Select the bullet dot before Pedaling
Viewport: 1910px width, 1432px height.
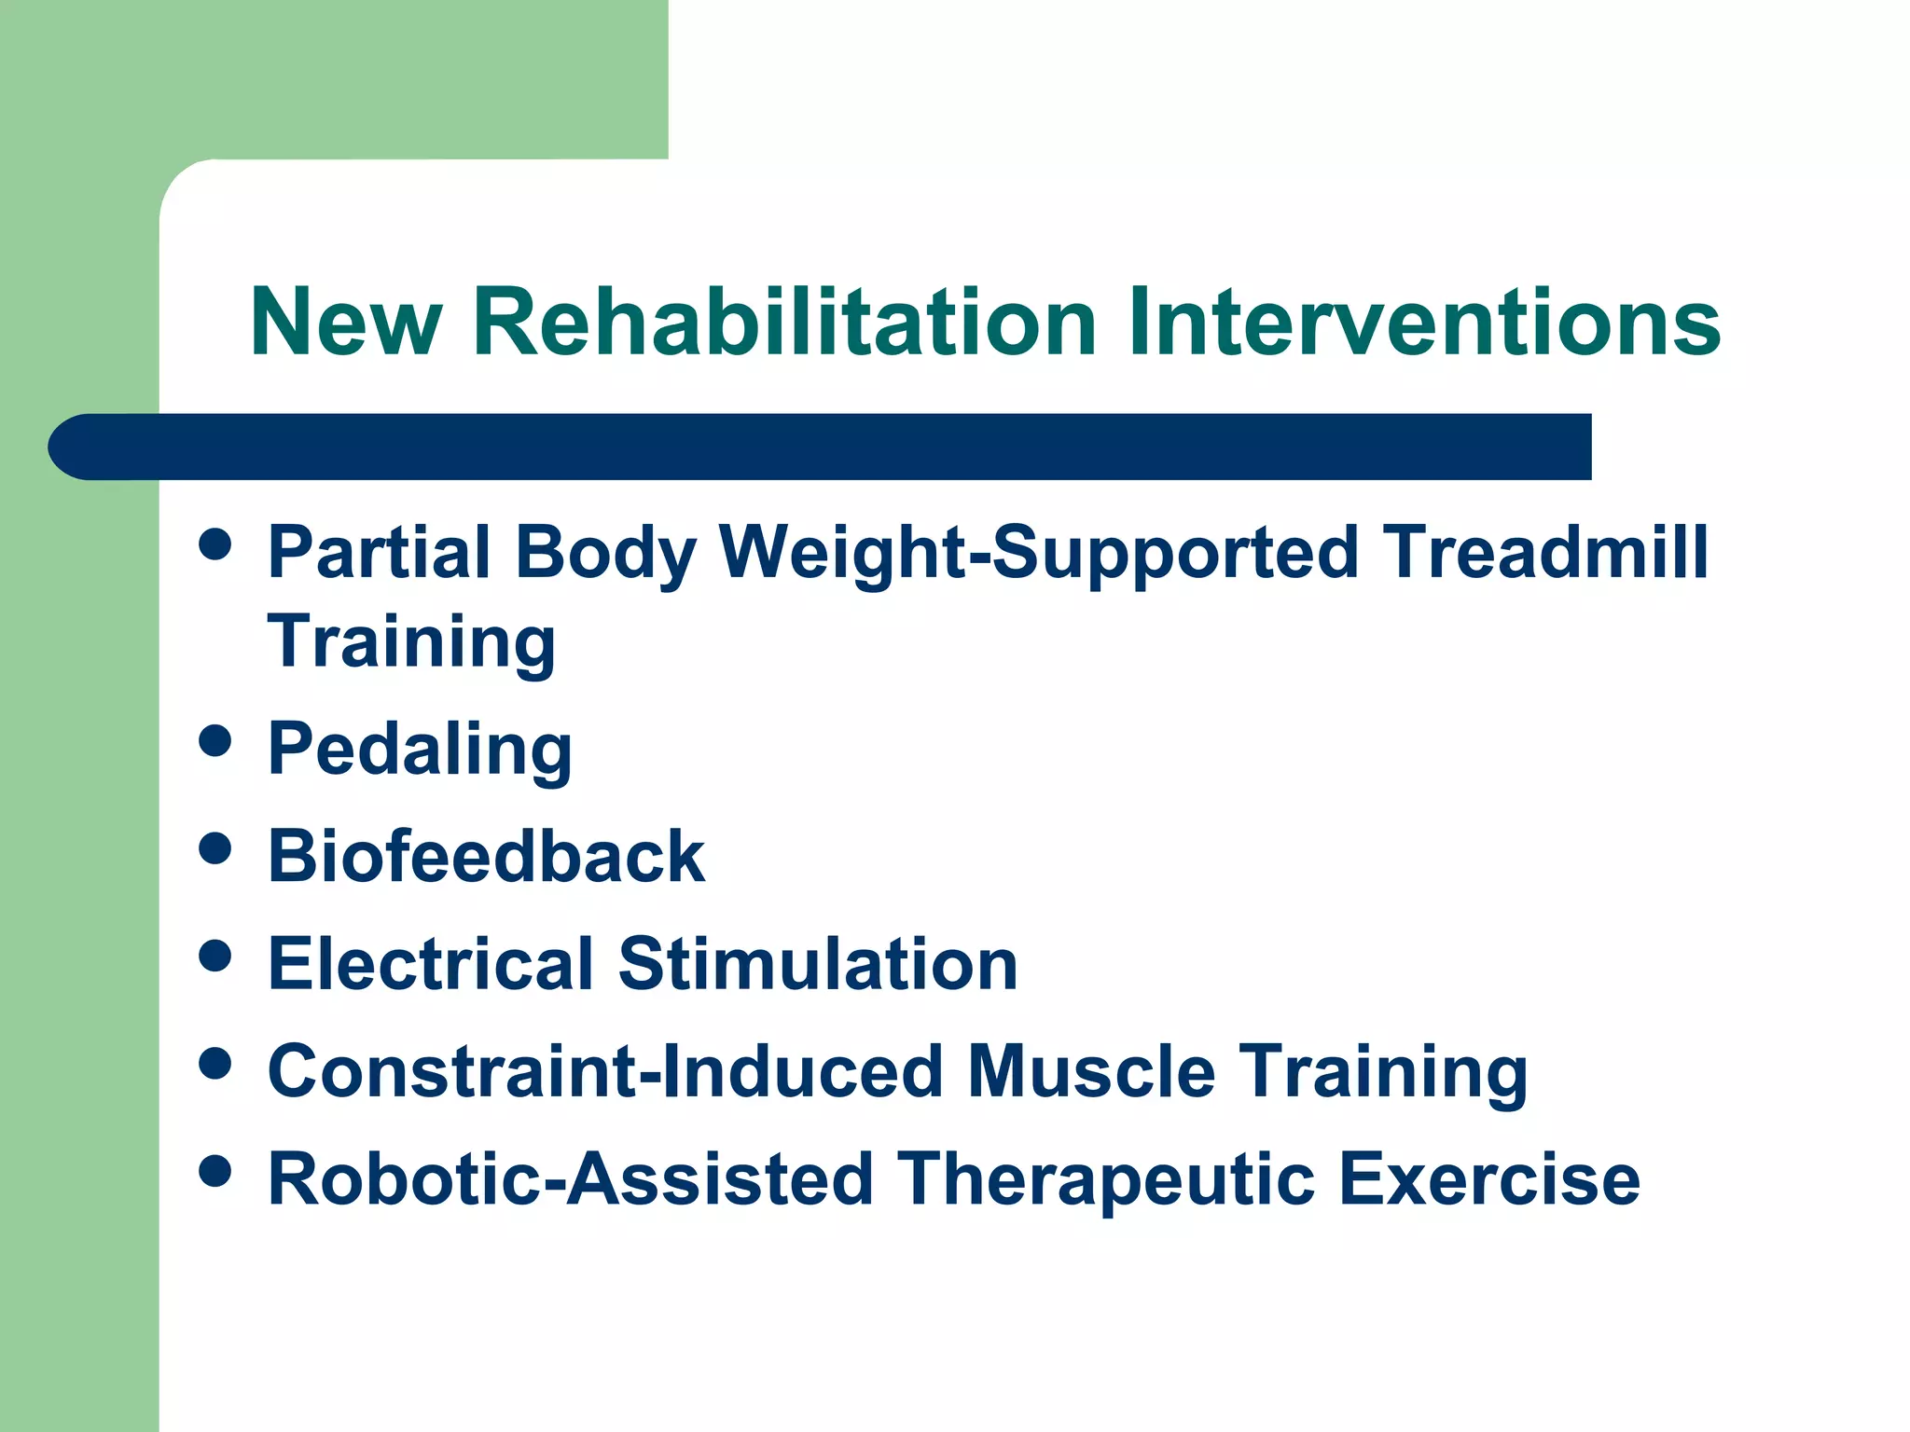tap(215, 741)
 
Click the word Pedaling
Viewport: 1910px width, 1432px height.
tap(420, 750)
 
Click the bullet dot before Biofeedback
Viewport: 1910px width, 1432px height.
tap(215, 848)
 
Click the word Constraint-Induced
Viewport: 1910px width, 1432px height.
tap(605, 1071)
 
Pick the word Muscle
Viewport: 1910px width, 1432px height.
tap(1091, 1071)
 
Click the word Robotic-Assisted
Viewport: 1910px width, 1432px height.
tap(569, 1179)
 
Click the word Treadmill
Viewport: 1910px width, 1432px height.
tap(1545, 552)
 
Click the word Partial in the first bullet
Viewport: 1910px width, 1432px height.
tap(379, 552)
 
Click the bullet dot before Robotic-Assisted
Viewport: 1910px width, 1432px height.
tap(215, 1171)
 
